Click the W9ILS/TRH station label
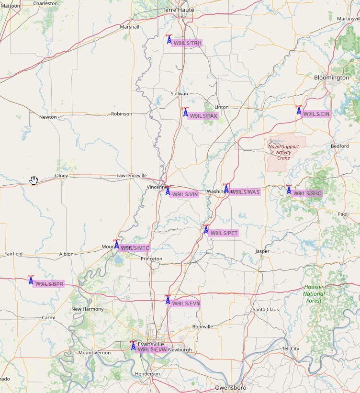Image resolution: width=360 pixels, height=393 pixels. coord(187,43)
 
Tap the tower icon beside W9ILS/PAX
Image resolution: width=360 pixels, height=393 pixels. coord(185,112)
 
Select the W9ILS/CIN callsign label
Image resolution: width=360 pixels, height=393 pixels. coord(317,114)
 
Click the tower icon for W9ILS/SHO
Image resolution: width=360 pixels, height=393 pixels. coord(289,190)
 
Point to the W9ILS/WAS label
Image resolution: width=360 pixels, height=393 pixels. coord(245,192)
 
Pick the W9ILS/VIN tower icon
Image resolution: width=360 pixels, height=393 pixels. coord(168,191)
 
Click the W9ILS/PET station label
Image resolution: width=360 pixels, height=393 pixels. coord(224,233)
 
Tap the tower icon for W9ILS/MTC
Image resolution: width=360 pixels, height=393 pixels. coord(116,245)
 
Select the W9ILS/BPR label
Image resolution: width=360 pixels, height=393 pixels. coord(49,284)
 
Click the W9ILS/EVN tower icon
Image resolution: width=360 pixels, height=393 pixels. coord(168,300)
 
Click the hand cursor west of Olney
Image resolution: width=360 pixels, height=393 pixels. coord(34,180)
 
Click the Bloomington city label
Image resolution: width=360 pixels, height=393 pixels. coord(331,78)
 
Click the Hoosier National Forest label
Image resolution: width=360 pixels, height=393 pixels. coord(314,294)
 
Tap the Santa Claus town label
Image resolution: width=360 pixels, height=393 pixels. coord(266,310)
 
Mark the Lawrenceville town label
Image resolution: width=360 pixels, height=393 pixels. coord(132,176)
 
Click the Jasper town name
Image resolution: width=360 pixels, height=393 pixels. coord(262,251)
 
